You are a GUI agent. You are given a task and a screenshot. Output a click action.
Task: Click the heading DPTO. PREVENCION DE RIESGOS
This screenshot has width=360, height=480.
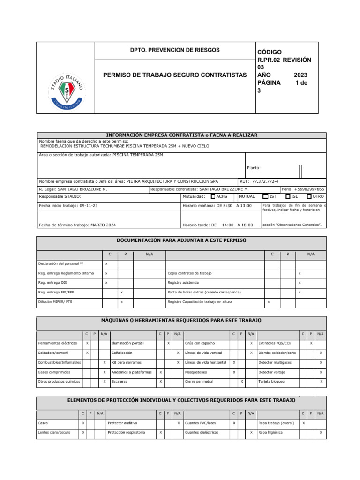(x=174, y=50)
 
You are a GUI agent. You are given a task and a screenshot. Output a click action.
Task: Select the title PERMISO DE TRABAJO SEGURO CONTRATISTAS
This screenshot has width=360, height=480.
(x=174, y=75)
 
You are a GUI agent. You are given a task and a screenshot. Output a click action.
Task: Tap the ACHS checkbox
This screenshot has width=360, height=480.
(x=213, y=197)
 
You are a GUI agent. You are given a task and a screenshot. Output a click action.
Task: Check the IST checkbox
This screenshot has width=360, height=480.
(x=265, y=197)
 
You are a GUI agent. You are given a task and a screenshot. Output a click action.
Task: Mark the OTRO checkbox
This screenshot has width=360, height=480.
(x=309, y=197)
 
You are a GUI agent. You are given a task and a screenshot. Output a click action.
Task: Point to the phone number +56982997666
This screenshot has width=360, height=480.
(x=308, y=189)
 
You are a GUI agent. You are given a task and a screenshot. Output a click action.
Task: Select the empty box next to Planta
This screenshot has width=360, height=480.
(x=300, y=172)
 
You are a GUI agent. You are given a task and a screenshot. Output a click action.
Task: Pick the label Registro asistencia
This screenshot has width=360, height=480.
(x=183, y=283)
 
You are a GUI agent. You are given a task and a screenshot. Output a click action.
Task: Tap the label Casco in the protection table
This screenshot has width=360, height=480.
(x=43, y=423)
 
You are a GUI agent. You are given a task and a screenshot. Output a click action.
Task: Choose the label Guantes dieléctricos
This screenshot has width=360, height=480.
(x=202, y=432)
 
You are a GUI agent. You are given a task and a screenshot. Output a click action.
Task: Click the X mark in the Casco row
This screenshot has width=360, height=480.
(x=83, y=423)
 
